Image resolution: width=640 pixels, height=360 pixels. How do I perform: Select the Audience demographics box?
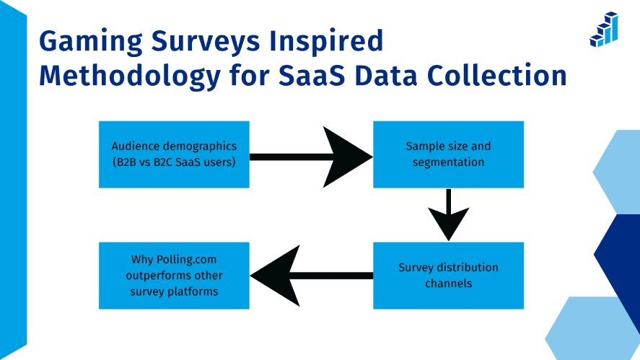(174, 154)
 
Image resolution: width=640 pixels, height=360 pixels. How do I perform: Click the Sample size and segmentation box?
(447, 154)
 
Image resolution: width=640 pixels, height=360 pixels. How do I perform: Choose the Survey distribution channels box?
(447, 276)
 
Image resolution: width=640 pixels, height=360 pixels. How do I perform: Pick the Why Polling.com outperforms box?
(174, 276)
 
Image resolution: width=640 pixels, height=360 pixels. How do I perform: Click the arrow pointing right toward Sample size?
(310, 155)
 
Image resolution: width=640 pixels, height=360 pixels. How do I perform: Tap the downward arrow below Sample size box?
(448, 214)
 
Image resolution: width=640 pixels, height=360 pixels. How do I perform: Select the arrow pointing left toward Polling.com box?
(310, 276)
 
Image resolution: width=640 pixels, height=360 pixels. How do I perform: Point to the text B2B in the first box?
(123, 162)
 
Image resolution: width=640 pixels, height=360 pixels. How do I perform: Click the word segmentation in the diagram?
(448, 162)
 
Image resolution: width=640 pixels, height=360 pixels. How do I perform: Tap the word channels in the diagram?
(448, 284)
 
